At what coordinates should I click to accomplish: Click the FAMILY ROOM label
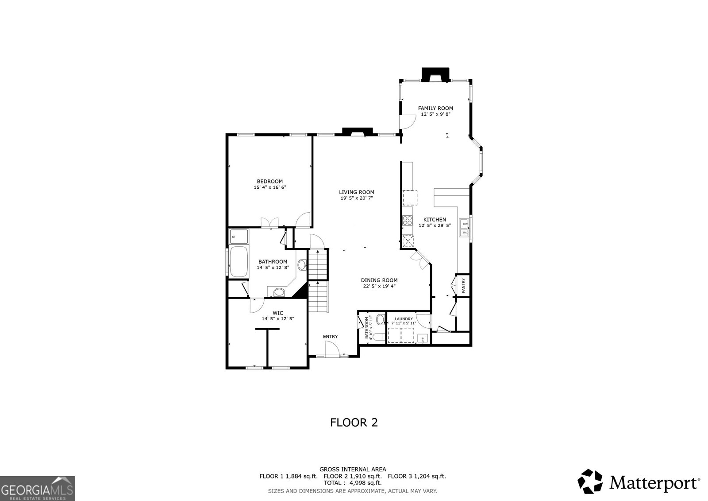pos(435,108)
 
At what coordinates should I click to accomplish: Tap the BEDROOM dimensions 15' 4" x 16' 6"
pos(269,187)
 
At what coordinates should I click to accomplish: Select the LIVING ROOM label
pos(357,192)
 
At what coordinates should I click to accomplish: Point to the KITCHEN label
pos(435,220)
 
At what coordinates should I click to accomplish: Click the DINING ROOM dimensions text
pos(379,286)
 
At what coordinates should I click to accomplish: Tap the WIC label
pos(278,313)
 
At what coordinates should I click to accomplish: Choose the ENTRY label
pos(330,336)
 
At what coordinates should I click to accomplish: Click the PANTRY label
pos(463,285)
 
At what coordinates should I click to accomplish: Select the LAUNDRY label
pos(404,318)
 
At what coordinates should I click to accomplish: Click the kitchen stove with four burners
pos(408,220)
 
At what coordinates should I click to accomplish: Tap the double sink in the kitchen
pos(464,228)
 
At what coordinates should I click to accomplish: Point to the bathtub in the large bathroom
pos(239,261)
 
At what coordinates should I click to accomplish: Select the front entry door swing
pos(332,349)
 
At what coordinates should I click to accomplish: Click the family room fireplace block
pos(435,74)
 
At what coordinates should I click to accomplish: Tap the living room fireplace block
pos(358,132)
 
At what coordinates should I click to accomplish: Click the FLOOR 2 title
pos(354,423)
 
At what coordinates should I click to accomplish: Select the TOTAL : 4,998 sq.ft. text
pos(352,483)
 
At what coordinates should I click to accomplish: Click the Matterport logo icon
pos(590,482)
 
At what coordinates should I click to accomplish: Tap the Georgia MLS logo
pos(37,488)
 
